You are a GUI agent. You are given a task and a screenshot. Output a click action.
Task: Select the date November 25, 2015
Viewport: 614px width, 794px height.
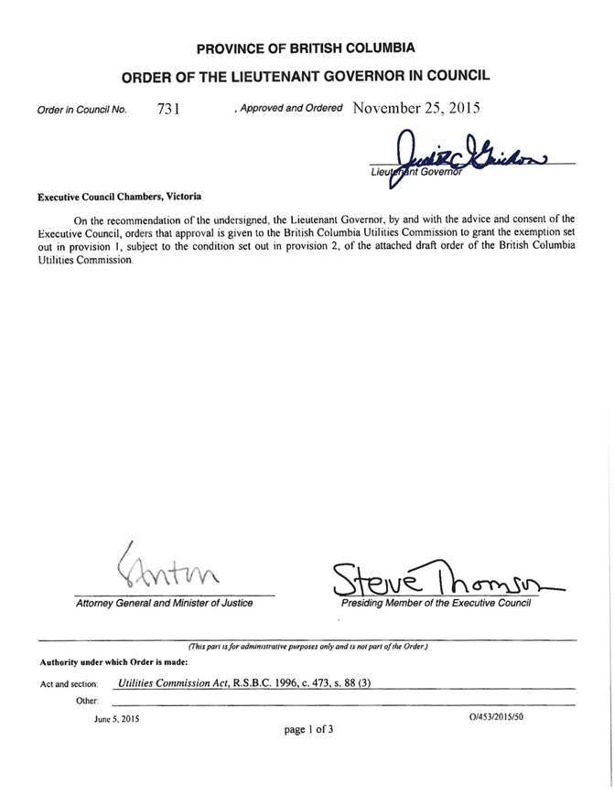(415, 107)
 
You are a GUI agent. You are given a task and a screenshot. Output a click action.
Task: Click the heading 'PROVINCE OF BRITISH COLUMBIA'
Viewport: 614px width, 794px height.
(307, 48)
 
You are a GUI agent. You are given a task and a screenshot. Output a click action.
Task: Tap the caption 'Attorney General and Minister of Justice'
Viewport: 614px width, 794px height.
(165, 604)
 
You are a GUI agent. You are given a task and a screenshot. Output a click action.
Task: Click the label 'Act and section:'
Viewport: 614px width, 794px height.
(70, 684)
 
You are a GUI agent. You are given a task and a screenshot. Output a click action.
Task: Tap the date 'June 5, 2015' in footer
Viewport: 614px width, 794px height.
(115, 719)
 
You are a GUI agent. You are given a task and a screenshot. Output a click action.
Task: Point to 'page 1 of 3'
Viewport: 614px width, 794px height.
(307, 730)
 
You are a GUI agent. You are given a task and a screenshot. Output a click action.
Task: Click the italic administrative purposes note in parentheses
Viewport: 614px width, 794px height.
(307, 647)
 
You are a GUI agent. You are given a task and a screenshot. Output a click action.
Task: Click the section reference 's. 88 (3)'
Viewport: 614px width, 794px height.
(350, 683)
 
